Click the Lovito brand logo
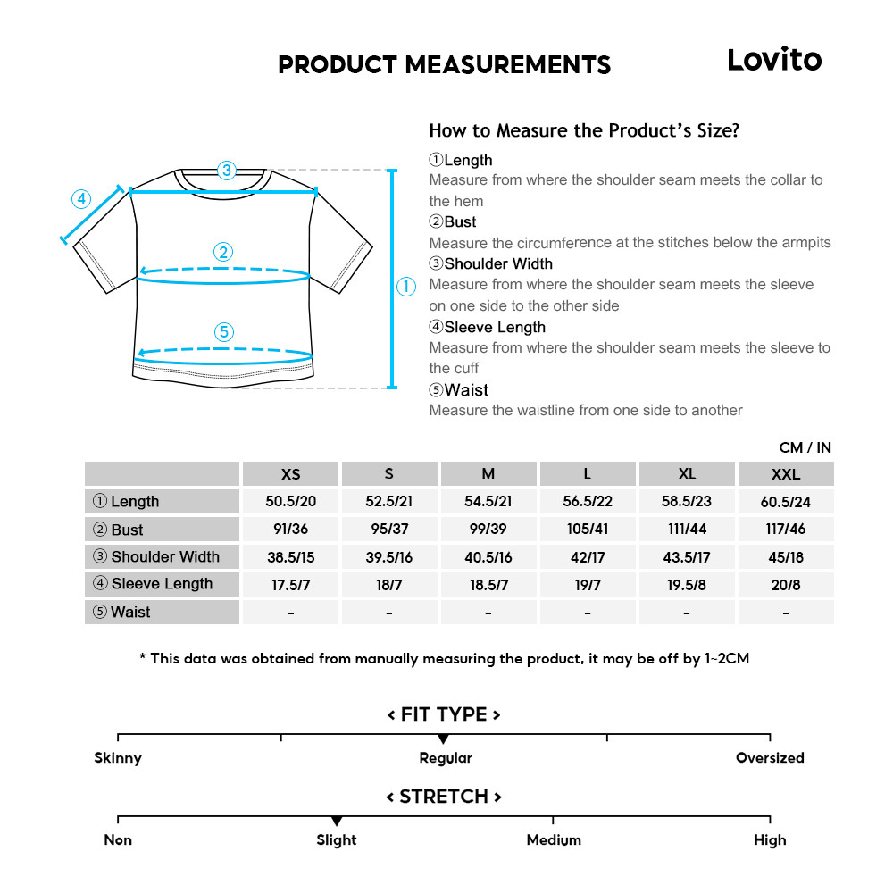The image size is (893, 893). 773,60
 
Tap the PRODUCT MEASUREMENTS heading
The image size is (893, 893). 444,65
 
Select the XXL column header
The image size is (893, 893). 786,474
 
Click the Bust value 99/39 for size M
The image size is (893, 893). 488,529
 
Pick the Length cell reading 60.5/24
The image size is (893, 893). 786,502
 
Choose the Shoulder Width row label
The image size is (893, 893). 163,556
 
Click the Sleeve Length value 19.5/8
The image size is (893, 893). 687,584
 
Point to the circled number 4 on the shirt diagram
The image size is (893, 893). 81,198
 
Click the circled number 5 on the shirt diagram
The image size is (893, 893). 224,332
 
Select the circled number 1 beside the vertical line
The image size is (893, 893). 406,287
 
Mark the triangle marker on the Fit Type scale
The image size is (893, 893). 443,739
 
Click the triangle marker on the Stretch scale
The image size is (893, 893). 337,821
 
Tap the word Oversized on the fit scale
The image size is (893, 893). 770,758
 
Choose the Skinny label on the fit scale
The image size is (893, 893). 118,758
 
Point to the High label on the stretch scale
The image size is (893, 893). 770,840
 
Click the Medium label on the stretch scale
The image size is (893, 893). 554,840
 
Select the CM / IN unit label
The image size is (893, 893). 805,447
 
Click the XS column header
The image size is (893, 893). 291,474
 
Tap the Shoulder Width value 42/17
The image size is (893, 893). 588,557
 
